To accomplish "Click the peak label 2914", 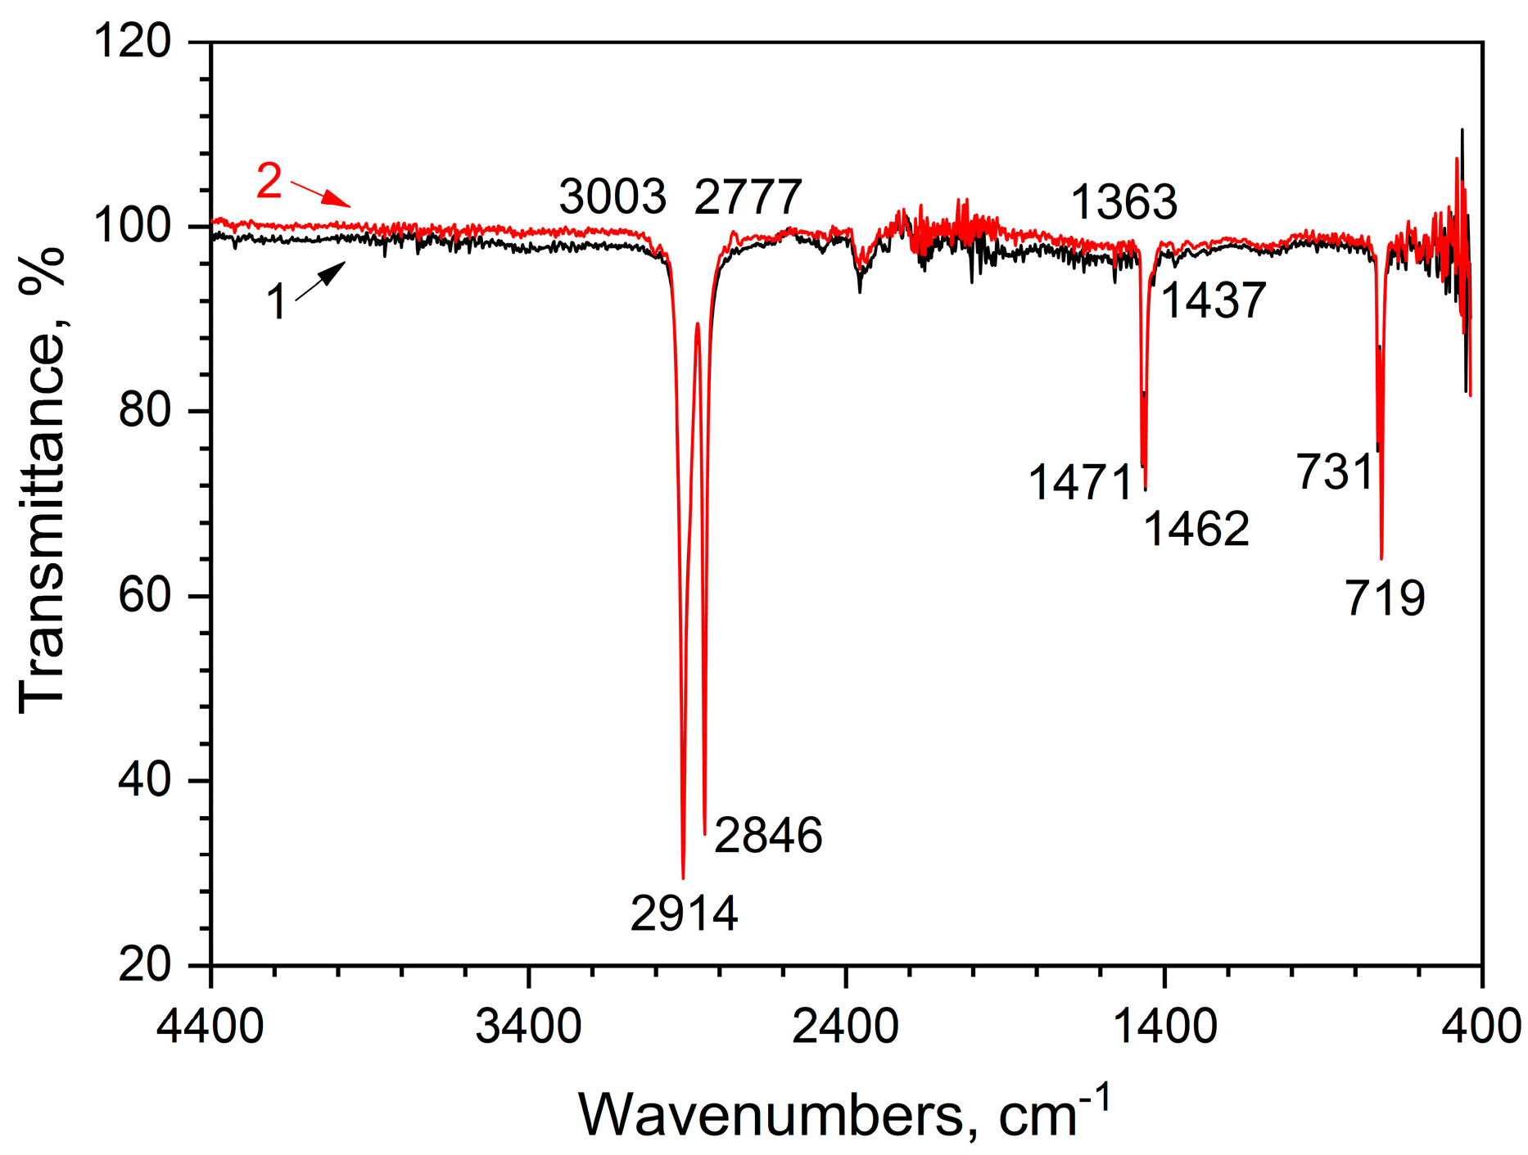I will pos(684,914).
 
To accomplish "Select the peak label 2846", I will pos(767,836).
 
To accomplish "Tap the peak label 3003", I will pos(613,197).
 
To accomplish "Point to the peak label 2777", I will pos(748,197).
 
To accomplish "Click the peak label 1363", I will pos(1123,201).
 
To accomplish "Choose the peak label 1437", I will pos(1214,300).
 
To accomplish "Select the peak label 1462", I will pos(1196,529).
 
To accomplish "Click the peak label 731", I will pos(1334,472).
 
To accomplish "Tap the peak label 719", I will pos(1385,598).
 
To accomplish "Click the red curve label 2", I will pos(269,181).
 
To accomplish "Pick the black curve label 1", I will pos(277,302).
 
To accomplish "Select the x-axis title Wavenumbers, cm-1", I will pos(843,1113).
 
